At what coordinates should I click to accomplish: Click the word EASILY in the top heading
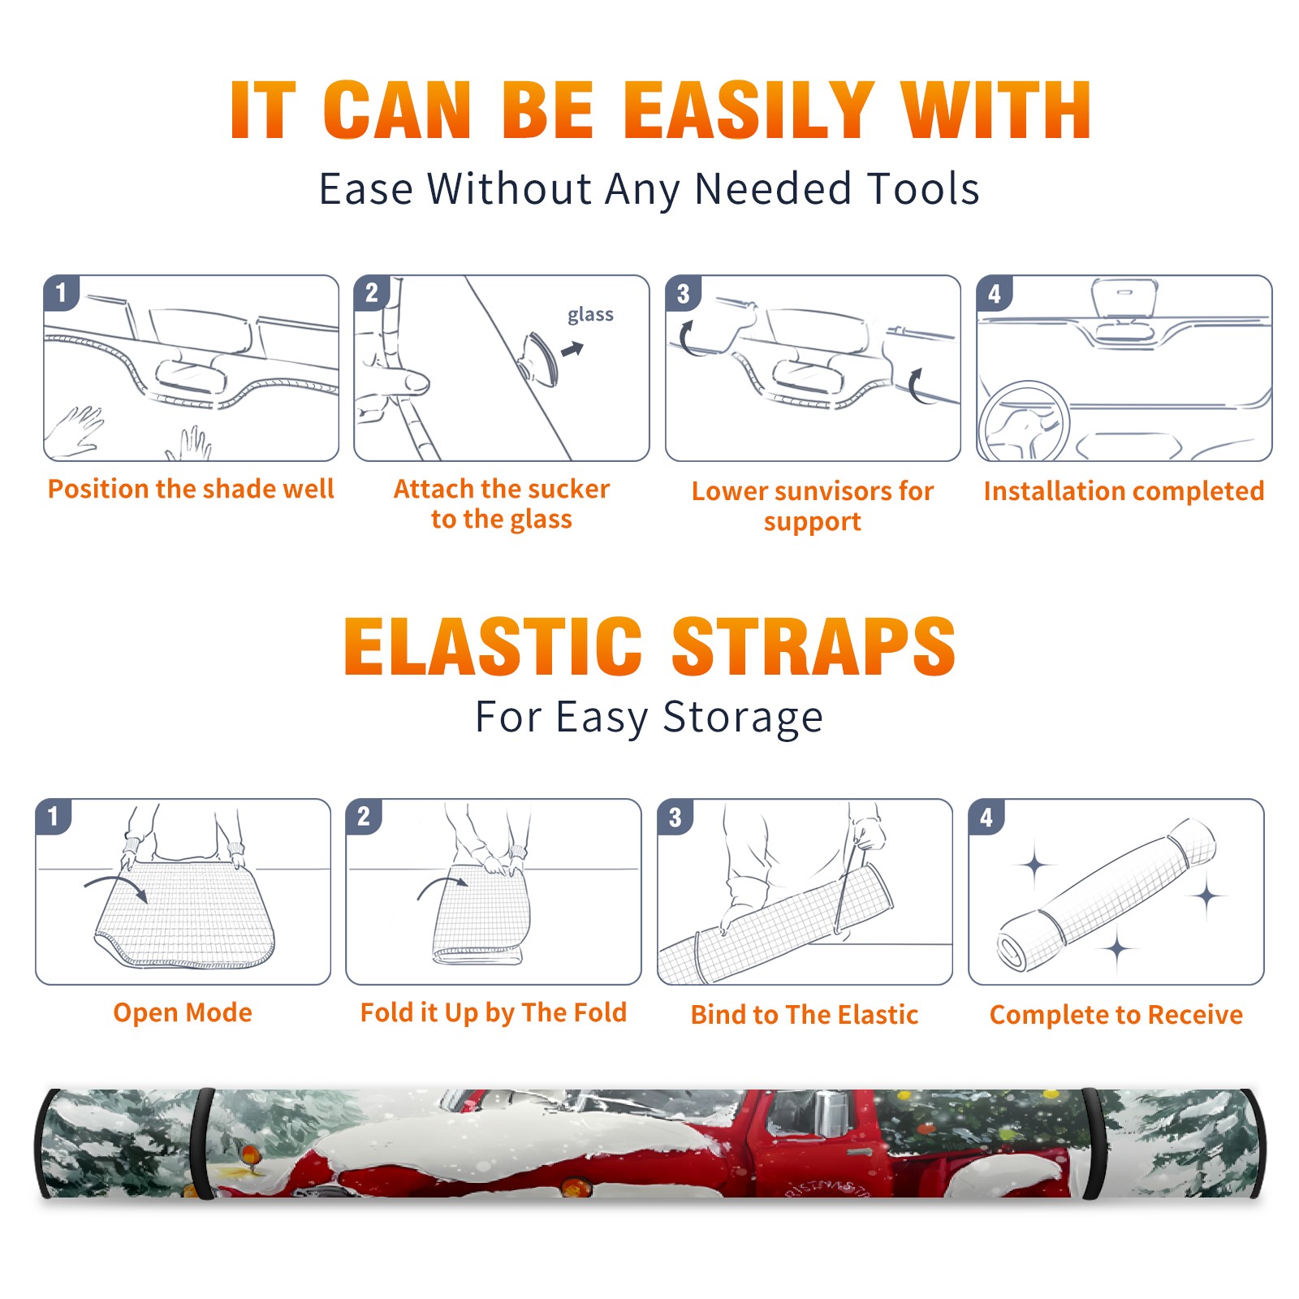click(x=749, y=110)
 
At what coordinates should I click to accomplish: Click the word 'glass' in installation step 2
click(x=590, y=315)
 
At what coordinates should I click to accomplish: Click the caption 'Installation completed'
click(x=1124, y=490)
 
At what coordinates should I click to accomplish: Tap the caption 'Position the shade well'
click(x=191, y=489)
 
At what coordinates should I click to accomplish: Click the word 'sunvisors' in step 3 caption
click(x=822, y=491)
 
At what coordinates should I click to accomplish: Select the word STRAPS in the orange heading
click(x=813, y=646)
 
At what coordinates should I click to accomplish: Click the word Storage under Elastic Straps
click(x=743, y=718)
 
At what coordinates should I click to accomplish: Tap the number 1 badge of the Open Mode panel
click(x=54, y=816)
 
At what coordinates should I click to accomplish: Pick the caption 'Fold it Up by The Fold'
click(x=494, y=1012)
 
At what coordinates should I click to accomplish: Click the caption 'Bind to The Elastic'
click(x=805, y=1014)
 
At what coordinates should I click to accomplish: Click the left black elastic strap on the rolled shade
click(x=204, y=1144)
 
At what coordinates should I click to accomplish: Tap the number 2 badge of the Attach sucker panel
click(x=372, y=293)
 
